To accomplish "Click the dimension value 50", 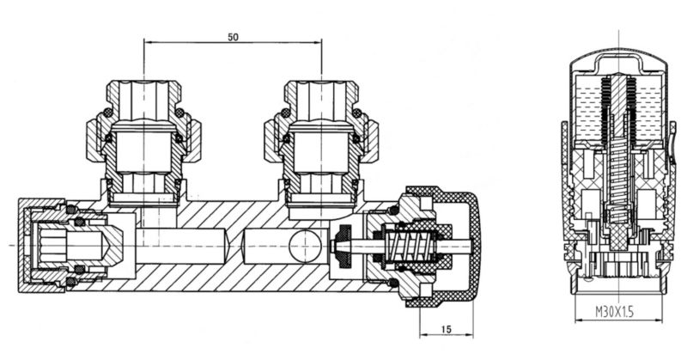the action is (x=233, y=37).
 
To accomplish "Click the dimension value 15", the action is (x=446, y=329).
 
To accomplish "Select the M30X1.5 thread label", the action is (x=615, y=312).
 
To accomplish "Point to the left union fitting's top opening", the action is (x=143, y=82).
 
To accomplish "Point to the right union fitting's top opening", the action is (x=321, y=82).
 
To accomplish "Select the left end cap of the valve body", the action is (x=24, y=246).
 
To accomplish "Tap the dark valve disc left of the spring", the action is (x=343, y=247).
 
